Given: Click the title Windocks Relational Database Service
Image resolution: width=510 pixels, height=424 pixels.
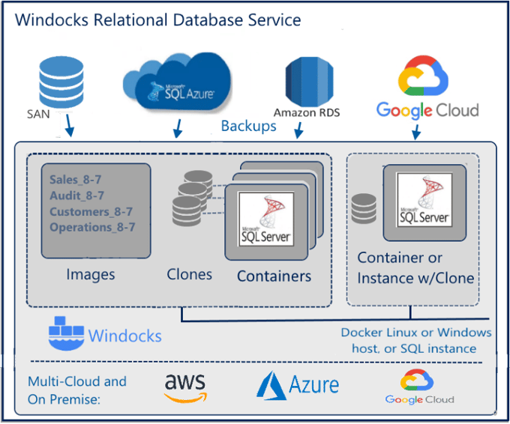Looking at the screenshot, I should click(x=158, y=19).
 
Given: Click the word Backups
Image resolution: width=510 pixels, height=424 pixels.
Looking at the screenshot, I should click(x=248, y=126).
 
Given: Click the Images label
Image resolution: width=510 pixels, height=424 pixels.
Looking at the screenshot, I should click(x=91, y=274).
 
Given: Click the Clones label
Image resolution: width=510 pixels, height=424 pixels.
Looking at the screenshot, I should click(x=190, y=274).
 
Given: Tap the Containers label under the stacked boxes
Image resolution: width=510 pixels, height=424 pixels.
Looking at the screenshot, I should click(x=274, y=276).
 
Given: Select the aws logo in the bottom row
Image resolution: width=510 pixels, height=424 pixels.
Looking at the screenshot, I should click(x=184, y=386).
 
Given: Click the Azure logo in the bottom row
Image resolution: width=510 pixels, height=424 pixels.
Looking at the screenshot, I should click(x=298, y=385).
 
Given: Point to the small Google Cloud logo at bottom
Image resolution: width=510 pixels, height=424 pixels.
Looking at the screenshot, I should click(x=419, y=387).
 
